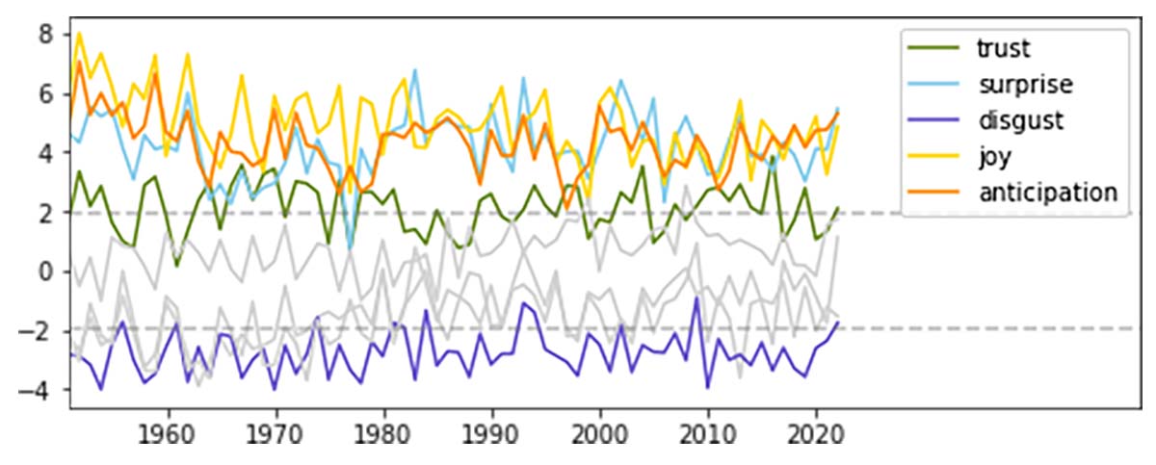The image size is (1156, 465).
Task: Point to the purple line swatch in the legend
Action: [x=932, y=119]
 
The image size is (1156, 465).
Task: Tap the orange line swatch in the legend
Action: [x=932, y=193]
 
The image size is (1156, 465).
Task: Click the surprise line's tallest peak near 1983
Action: [x=415, y=70]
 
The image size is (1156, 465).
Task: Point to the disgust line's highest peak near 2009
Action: [x=696, y=298]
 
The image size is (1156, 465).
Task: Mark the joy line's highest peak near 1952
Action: [x=79, y=34]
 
